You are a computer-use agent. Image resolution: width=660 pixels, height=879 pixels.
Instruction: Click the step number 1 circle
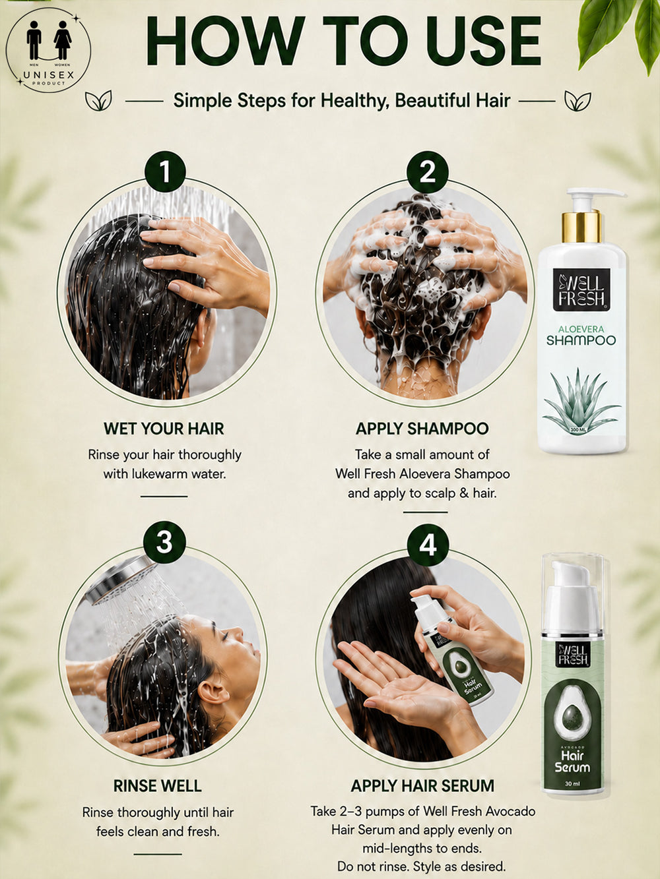click(165, 171)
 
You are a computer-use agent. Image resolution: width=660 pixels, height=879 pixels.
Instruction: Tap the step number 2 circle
click(427, 172)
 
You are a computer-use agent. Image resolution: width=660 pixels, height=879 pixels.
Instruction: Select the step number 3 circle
click(164, 542)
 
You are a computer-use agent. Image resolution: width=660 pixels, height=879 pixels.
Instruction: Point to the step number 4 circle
click(428, 545)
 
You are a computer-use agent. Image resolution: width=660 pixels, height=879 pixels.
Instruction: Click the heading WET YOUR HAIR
click(164, 429)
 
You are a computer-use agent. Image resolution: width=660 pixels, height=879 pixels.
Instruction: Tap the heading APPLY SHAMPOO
click(422, 429)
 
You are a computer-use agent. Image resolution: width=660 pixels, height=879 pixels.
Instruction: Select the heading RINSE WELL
click(158, 786)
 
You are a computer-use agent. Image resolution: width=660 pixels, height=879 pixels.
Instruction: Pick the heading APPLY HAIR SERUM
click(422, 786)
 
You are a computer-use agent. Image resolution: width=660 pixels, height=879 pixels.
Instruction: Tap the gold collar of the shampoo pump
click(581, 227)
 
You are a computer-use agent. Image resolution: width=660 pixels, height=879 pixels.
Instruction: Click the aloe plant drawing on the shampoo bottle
click(581, 401)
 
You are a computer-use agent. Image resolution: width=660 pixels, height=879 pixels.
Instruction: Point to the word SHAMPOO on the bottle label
click(581, 340)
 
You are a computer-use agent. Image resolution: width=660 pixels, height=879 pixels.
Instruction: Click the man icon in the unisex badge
click(34, 40)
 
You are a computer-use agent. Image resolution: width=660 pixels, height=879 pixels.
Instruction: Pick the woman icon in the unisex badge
click(63, 40)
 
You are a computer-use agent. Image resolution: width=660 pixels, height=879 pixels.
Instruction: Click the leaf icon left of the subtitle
click(98, 100)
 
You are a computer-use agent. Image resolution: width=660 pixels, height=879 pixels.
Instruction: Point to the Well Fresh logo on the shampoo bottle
click(581, 289)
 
